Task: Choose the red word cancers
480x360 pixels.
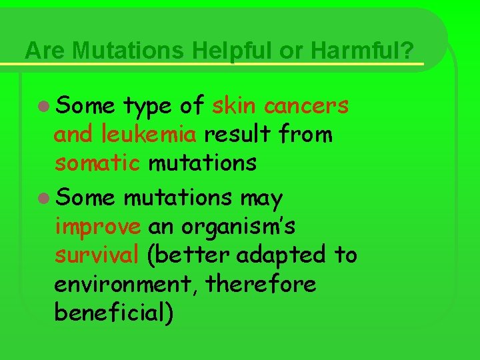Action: click(x=306, y=105)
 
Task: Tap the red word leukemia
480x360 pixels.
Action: click(x=149, y=135)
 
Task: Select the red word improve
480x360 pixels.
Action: click(x=97, y=227)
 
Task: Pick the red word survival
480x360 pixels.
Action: click(x=97, y=255)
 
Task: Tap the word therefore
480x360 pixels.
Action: click(x=261, y=285)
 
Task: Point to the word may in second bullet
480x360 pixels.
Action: click(x=261, y=199)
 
